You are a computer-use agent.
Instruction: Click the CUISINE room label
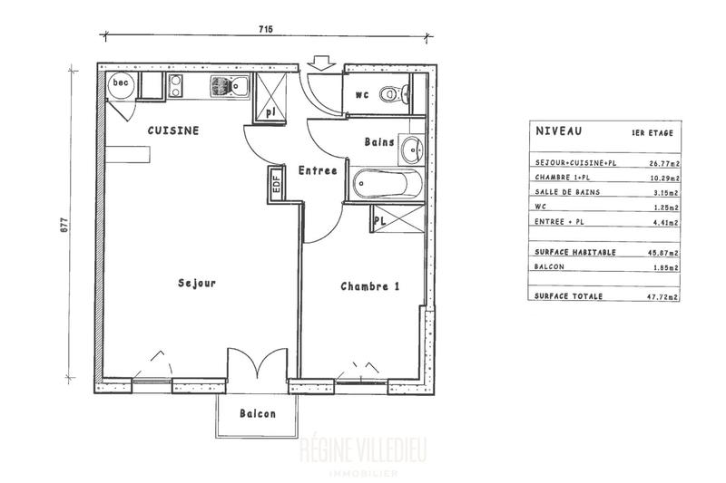click(x=173, y=130)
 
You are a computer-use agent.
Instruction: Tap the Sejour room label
click(x=197, y=284)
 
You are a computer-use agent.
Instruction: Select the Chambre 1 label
click(x=370, y=286)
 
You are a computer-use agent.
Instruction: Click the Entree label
click(x=318, y=170)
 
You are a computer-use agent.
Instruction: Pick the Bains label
click(x=378, y=142)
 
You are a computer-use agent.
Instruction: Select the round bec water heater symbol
click(x=120, y=84)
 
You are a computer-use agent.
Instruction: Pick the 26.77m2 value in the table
click(x=663, y=164)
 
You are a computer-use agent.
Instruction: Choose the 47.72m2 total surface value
click(x=663, y=296)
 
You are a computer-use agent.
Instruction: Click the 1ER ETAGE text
click(x=652, y=133)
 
